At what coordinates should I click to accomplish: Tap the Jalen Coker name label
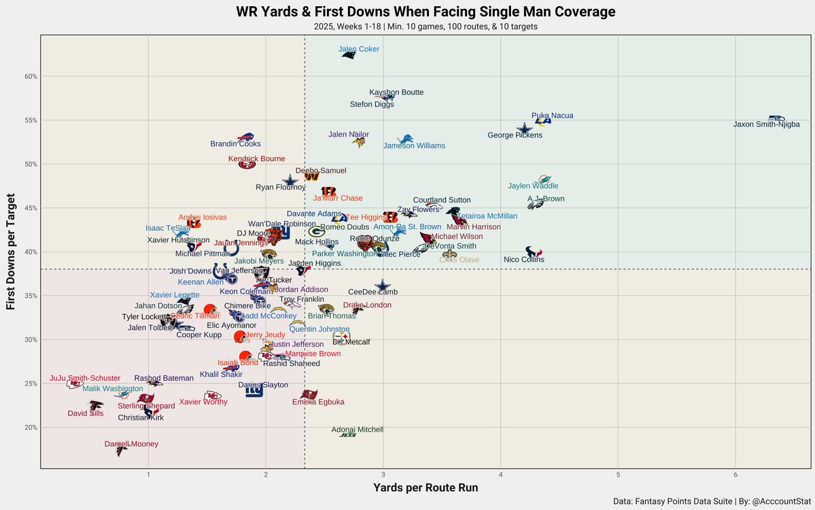click(359, 50)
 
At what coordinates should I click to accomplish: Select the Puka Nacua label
click(552, 116)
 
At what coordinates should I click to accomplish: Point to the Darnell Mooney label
click(131, 444)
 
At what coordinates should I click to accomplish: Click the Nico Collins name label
click(523, 260)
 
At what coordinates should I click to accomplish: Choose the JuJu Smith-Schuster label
click(85, 378)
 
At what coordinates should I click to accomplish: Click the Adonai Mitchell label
click(357, 430)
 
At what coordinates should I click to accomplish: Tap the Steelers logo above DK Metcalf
click(341, 336)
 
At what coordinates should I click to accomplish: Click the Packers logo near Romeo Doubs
click(317, 232)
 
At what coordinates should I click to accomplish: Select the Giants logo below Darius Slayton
click(254, 392)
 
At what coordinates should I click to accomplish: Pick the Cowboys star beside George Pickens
click(524, 129)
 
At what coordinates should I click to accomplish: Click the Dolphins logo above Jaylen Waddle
click(544, 179)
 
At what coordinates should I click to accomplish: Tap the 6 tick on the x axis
click(735, 474)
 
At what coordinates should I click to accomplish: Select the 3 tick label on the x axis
click(383, 474)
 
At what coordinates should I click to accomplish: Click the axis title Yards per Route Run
click(425, 488)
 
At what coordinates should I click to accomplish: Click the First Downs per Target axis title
click(12, 252)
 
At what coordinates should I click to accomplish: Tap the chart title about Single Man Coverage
click(426, 12)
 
